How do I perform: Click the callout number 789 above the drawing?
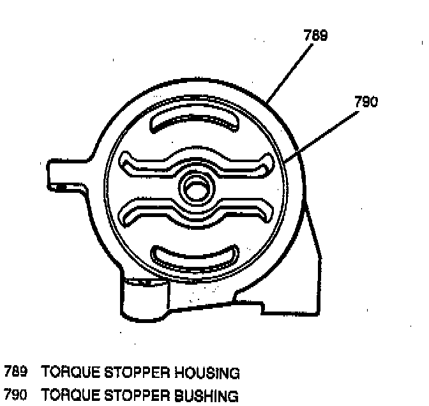click(x=316, y=37)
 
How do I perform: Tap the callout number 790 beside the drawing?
click(x=365, y=101)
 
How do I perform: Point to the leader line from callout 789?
click(x=293, y=70)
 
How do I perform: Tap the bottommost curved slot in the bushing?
click(x=195, y=256)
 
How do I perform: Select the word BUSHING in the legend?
click(x=206, y=396)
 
